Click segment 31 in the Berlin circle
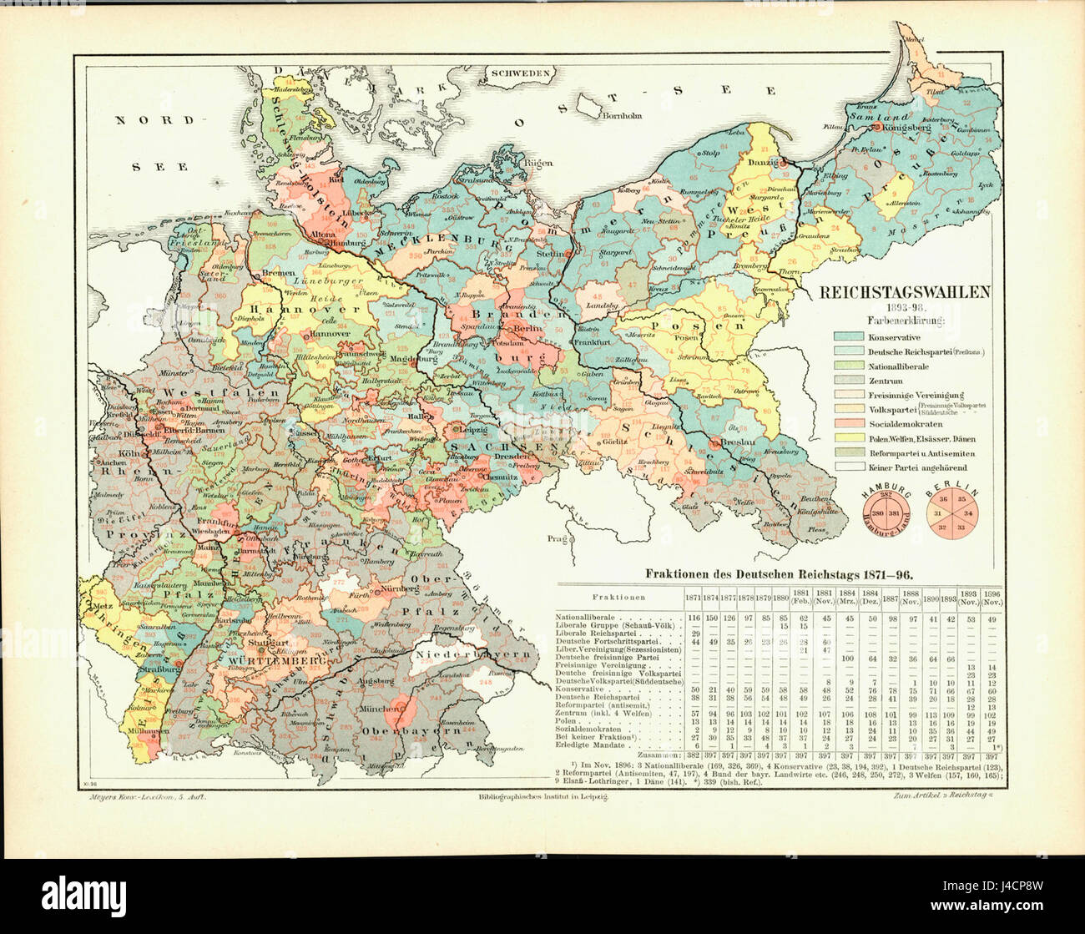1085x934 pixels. click(x=937, y=513)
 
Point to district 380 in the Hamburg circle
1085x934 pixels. click(x=877, y=513)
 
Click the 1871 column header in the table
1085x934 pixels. click(x=693, y=598)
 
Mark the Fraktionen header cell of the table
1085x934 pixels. click(x=619, y=598)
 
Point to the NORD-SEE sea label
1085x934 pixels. click(x=159, y=142)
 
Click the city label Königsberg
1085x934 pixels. click(x=905, y=128)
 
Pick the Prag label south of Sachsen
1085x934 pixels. click(x=555, y=539)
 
